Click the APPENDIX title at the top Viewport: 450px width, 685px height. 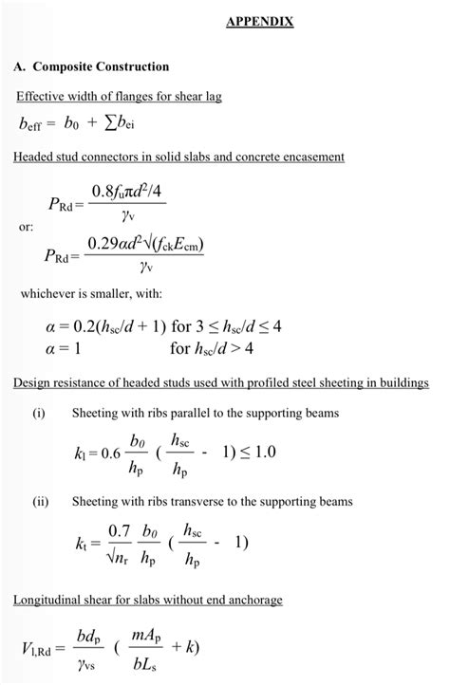(x=259, y=22)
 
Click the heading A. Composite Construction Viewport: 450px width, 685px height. (x=91, y=66)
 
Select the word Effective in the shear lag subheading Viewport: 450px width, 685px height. (x=42, y=98)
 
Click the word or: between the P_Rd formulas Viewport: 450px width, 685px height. (x=28, y=228)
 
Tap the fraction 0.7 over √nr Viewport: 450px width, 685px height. (x=119, y=542)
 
